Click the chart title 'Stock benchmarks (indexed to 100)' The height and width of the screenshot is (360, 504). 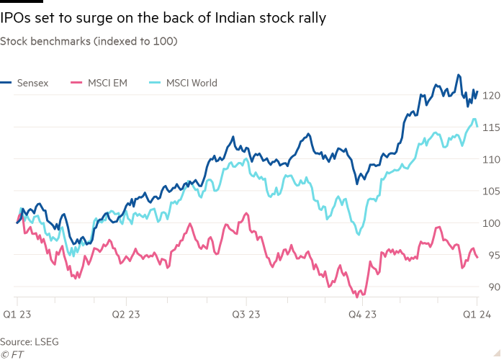tap(89, 42)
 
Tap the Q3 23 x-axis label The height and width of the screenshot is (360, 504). tap(245, 314)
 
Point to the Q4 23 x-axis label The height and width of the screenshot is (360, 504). tap(361, 314)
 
